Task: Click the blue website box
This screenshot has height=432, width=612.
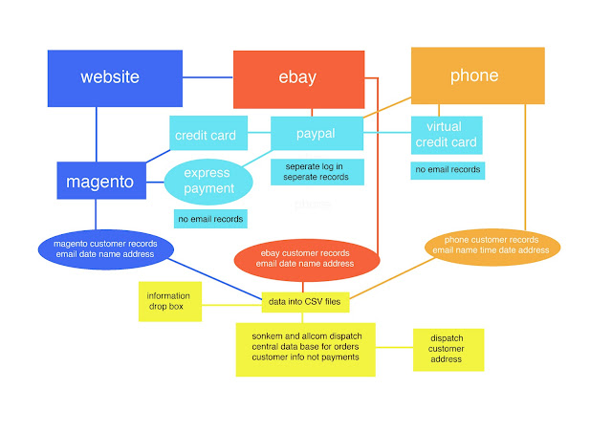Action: pos(114,77)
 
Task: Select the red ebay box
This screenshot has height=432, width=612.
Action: pos(298,79)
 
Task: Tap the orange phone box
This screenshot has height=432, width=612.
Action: pos(477,76)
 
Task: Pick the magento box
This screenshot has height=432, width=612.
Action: pos(100,181)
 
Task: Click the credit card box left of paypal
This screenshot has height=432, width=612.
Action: pos(205,136)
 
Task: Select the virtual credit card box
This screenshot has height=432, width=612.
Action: pos(446,136)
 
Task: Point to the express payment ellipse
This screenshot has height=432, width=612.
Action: pos(208,180)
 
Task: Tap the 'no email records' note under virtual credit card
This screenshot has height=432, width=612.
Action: pos(448,170)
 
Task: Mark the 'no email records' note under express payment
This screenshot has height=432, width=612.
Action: pos(209,219)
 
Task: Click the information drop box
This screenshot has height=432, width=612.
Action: pos(170,302)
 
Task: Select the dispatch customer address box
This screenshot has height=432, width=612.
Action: pos(448,349)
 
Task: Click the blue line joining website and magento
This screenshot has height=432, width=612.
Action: pos(96,134)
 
